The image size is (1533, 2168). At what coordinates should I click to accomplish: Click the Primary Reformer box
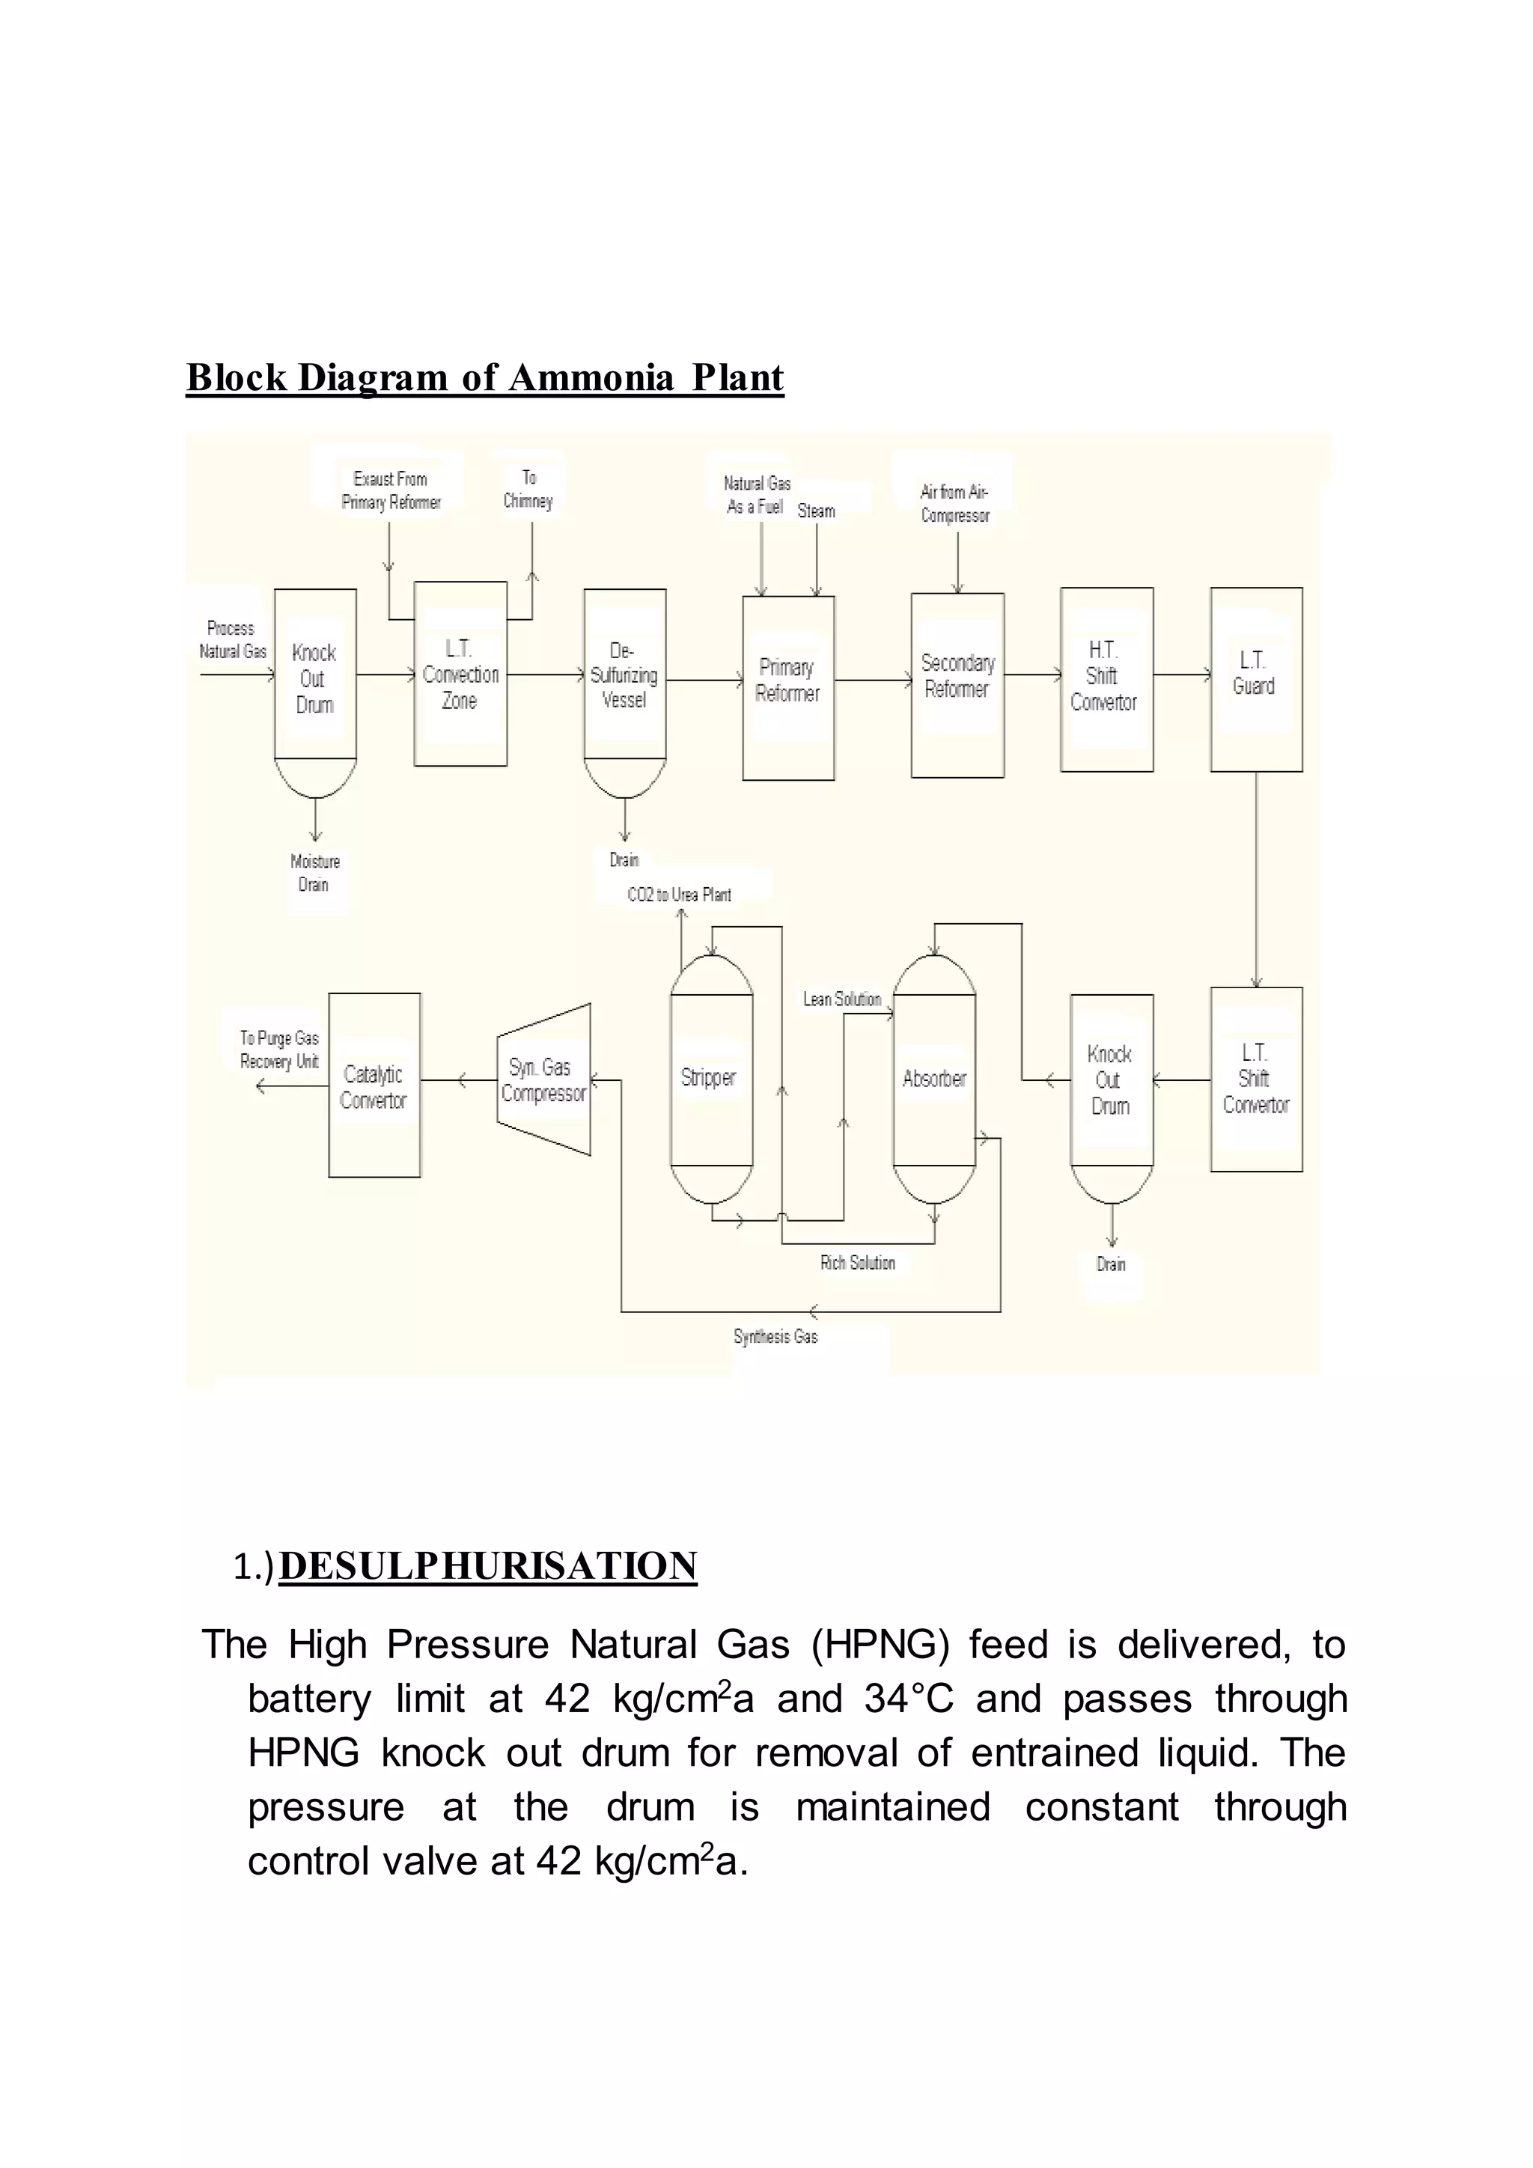click(788, 686)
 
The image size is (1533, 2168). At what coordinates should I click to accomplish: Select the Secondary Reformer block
click(957, 684)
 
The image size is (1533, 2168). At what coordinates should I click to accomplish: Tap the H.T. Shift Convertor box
click(1106, 679)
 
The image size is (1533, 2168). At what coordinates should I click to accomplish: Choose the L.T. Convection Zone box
click(460, 673)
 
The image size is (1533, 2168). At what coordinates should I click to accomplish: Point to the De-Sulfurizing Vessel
click(625, 676)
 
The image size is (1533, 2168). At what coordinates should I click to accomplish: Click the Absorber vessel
click(934, 1078)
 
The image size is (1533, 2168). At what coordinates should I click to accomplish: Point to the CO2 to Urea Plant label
click(679, 894)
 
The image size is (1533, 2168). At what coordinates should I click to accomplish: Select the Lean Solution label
click(841, 999)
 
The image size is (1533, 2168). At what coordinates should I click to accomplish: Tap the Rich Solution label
click(857, 1262)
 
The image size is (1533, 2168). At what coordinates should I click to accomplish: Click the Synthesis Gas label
click(775, 1336)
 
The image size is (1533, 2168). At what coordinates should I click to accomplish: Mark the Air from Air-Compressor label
click(954, 503)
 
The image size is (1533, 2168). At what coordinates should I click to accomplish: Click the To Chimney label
click(528, 489)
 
